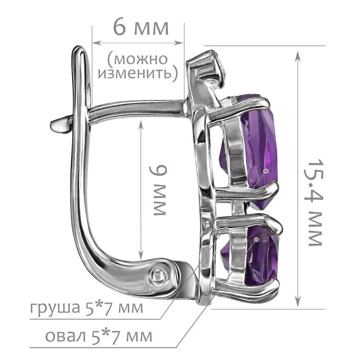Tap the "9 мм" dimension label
coord(157,190)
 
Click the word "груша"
coord(55,308)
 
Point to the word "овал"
coord(65,336)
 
